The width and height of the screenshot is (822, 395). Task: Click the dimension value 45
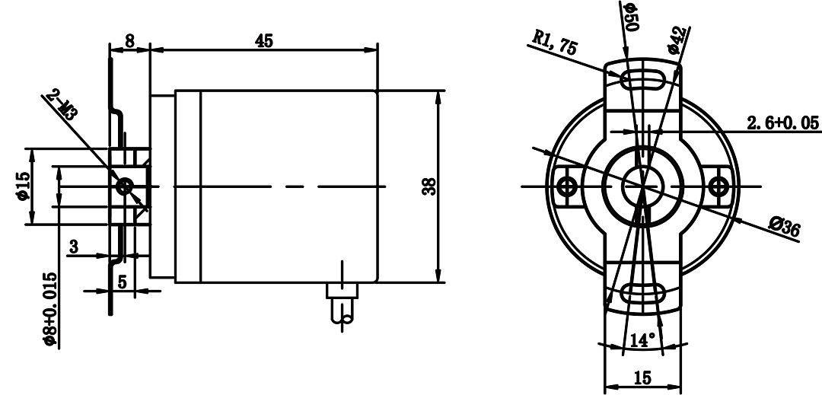[x=264, y=41]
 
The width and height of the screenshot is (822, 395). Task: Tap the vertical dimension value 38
[x=429, y=186]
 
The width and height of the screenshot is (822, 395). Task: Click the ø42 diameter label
[x=677, y=38]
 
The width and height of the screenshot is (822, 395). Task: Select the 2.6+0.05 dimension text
[x=781, y=123]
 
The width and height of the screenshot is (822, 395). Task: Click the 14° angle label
[x=642, y=340]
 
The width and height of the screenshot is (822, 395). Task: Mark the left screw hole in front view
[x=565, y=186]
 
